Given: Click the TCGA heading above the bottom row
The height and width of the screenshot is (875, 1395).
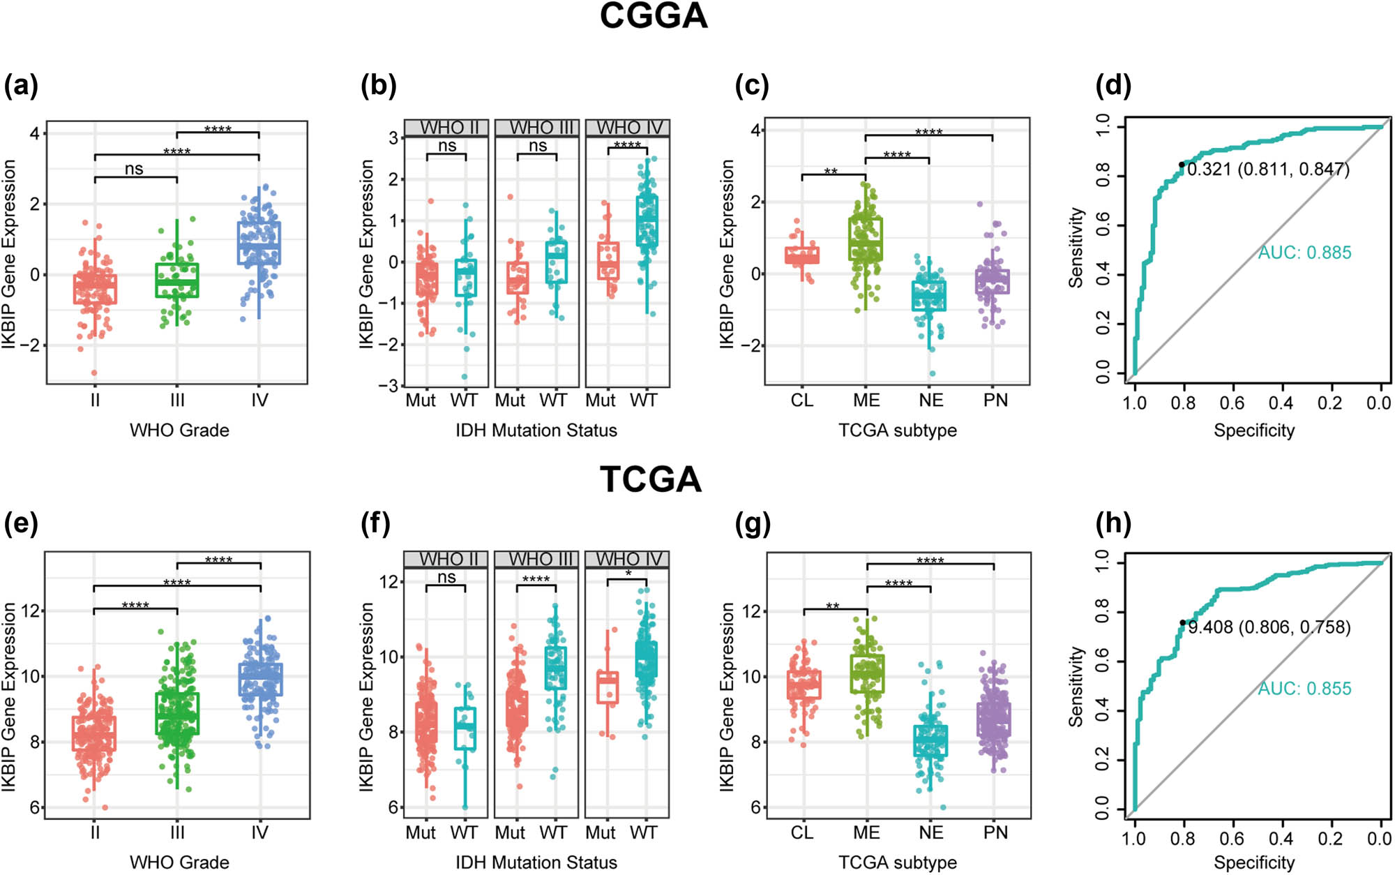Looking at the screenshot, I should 650,479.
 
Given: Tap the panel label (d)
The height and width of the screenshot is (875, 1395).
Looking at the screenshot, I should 1113,85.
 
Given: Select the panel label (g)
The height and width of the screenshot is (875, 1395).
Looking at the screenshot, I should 753,523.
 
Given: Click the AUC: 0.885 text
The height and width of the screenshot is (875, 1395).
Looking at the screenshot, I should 1304,253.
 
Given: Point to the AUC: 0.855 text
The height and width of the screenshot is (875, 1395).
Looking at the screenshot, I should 1304,689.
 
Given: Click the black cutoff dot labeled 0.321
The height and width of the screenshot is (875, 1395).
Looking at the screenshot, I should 1182,165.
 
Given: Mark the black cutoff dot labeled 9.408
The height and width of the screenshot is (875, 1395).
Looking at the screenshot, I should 1182,622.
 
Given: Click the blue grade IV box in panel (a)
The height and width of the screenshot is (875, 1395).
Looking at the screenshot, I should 259,244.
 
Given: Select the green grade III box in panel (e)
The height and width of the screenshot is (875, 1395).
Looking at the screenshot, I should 177,713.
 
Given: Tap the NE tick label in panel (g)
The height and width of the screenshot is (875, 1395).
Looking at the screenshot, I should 930,832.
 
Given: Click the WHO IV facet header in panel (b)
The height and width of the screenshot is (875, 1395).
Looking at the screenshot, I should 628,128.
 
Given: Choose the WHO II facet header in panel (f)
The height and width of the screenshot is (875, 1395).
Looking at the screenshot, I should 446,560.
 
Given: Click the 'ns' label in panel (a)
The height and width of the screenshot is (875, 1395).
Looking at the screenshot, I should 134,169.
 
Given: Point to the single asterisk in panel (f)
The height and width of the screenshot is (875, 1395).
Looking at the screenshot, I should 628,574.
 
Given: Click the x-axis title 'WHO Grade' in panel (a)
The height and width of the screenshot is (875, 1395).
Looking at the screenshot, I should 179,430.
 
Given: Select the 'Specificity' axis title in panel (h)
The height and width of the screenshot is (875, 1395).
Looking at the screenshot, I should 1253,862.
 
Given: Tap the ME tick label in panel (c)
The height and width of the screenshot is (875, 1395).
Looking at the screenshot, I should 866,401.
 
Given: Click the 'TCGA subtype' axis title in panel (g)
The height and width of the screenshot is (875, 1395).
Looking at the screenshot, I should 897,862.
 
